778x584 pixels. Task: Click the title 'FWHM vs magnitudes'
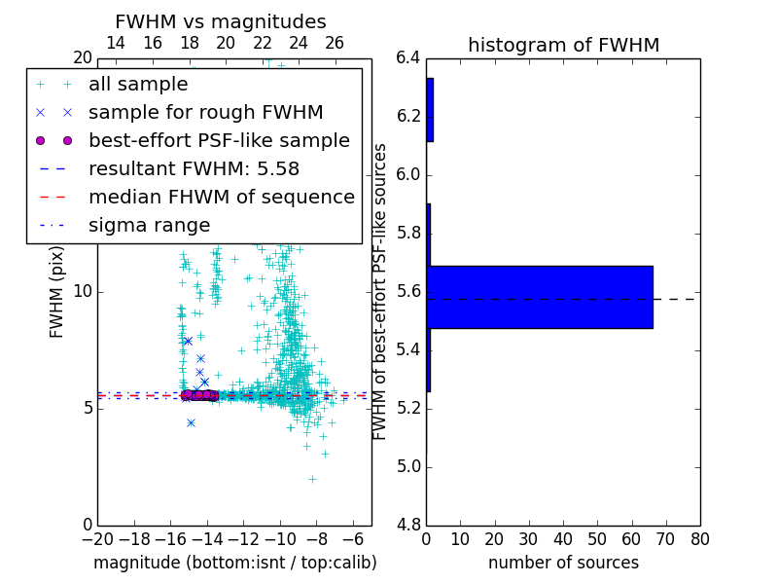click(221, 21)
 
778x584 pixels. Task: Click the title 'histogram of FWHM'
click(563, 45)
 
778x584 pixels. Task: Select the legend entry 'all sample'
click(138, 85)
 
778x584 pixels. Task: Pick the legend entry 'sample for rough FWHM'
click(205, 112)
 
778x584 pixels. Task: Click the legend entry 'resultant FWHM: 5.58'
click(194, 168)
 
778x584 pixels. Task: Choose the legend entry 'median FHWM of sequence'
click(221, 197)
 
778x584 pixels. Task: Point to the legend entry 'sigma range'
click(149, 225)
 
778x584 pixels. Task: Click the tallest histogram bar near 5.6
click(540, 297)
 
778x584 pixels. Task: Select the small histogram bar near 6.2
click(430, 110)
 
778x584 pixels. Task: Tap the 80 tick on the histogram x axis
click(699, 539)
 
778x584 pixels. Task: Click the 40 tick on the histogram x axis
click(563, 539)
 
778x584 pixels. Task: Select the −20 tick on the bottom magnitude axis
click(97, 539)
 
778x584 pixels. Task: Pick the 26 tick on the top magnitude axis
click(335, 43)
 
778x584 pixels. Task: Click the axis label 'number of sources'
click(563, 563)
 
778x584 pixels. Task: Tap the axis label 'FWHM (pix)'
click(57, 291)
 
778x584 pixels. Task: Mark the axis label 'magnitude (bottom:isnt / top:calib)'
click(234, 563)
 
